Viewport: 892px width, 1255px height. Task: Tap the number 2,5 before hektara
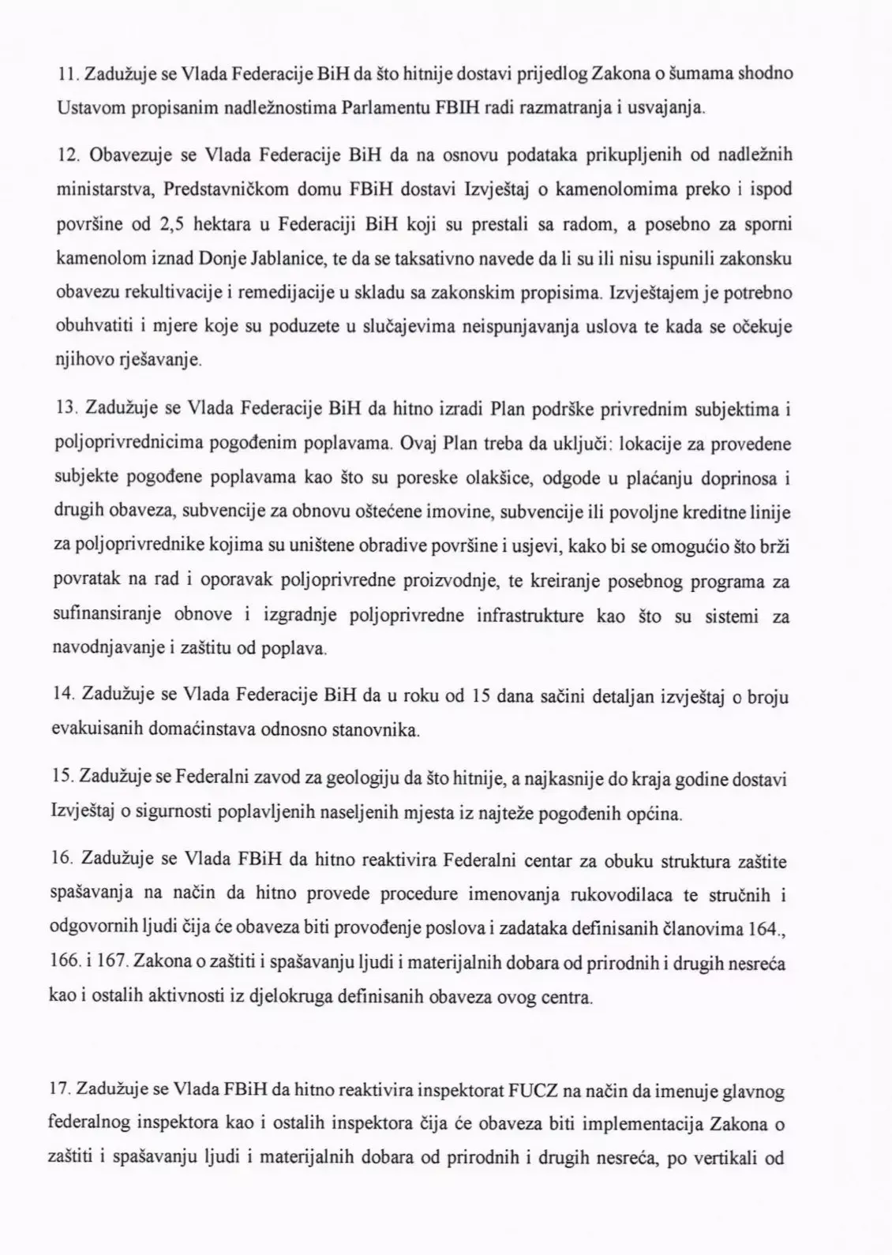tap(172, 225)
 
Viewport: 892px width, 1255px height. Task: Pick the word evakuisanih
tap(89, 730)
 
